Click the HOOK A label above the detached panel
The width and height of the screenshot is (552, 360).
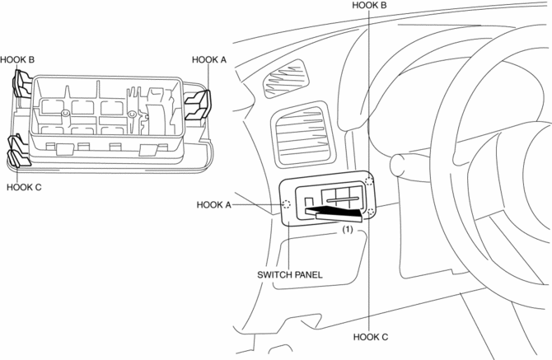tap(209, 59)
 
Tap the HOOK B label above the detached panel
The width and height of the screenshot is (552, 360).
tap(17, 59)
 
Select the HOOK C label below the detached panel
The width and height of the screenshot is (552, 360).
tap(24, 186)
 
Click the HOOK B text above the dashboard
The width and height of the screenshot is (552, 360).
tap(369, 5)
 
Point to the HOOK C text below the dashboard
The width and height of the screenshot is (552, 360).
tap(370, 336)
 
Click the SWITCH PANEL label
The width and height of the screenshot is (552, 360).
tap(289, 274)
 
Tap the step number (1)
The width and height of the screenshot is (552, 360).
tap(349, 231)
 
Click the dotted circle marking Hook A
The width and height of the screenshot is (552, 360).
tap(287, 204)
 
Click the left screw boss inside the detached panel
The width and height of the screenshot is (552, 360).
tap(65, 113)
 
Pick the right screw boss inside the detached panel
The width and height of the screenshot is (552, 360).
tap(131, 115)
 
